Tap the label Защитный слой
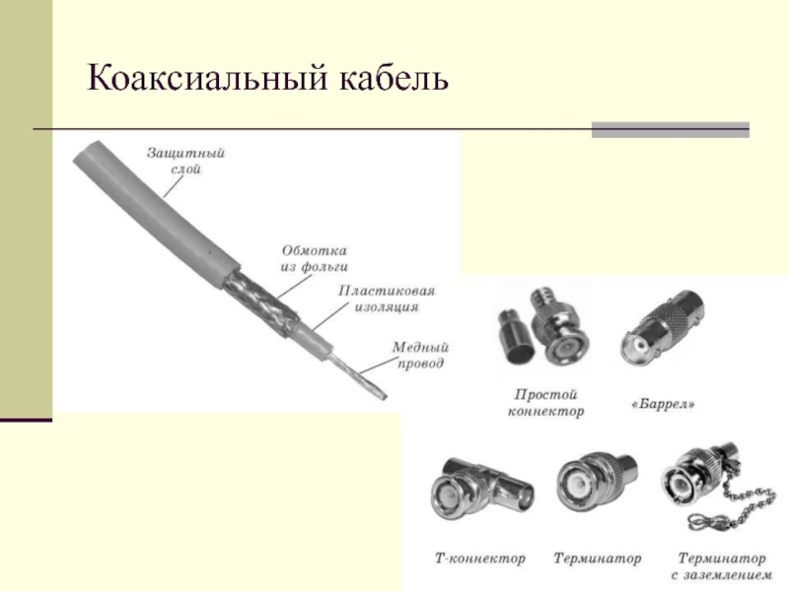pos(186,162)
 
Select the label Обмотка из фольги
pos(315,258)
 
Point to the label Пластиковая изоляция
pos(387,298)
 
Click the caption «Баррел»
pos(661,405)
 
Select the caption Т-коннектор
pos(480,558)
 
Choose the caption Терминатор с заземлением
pos(721,565)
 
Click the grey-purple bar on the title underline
pos(670,129)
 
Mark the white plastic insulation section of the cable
pos(316,342)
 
